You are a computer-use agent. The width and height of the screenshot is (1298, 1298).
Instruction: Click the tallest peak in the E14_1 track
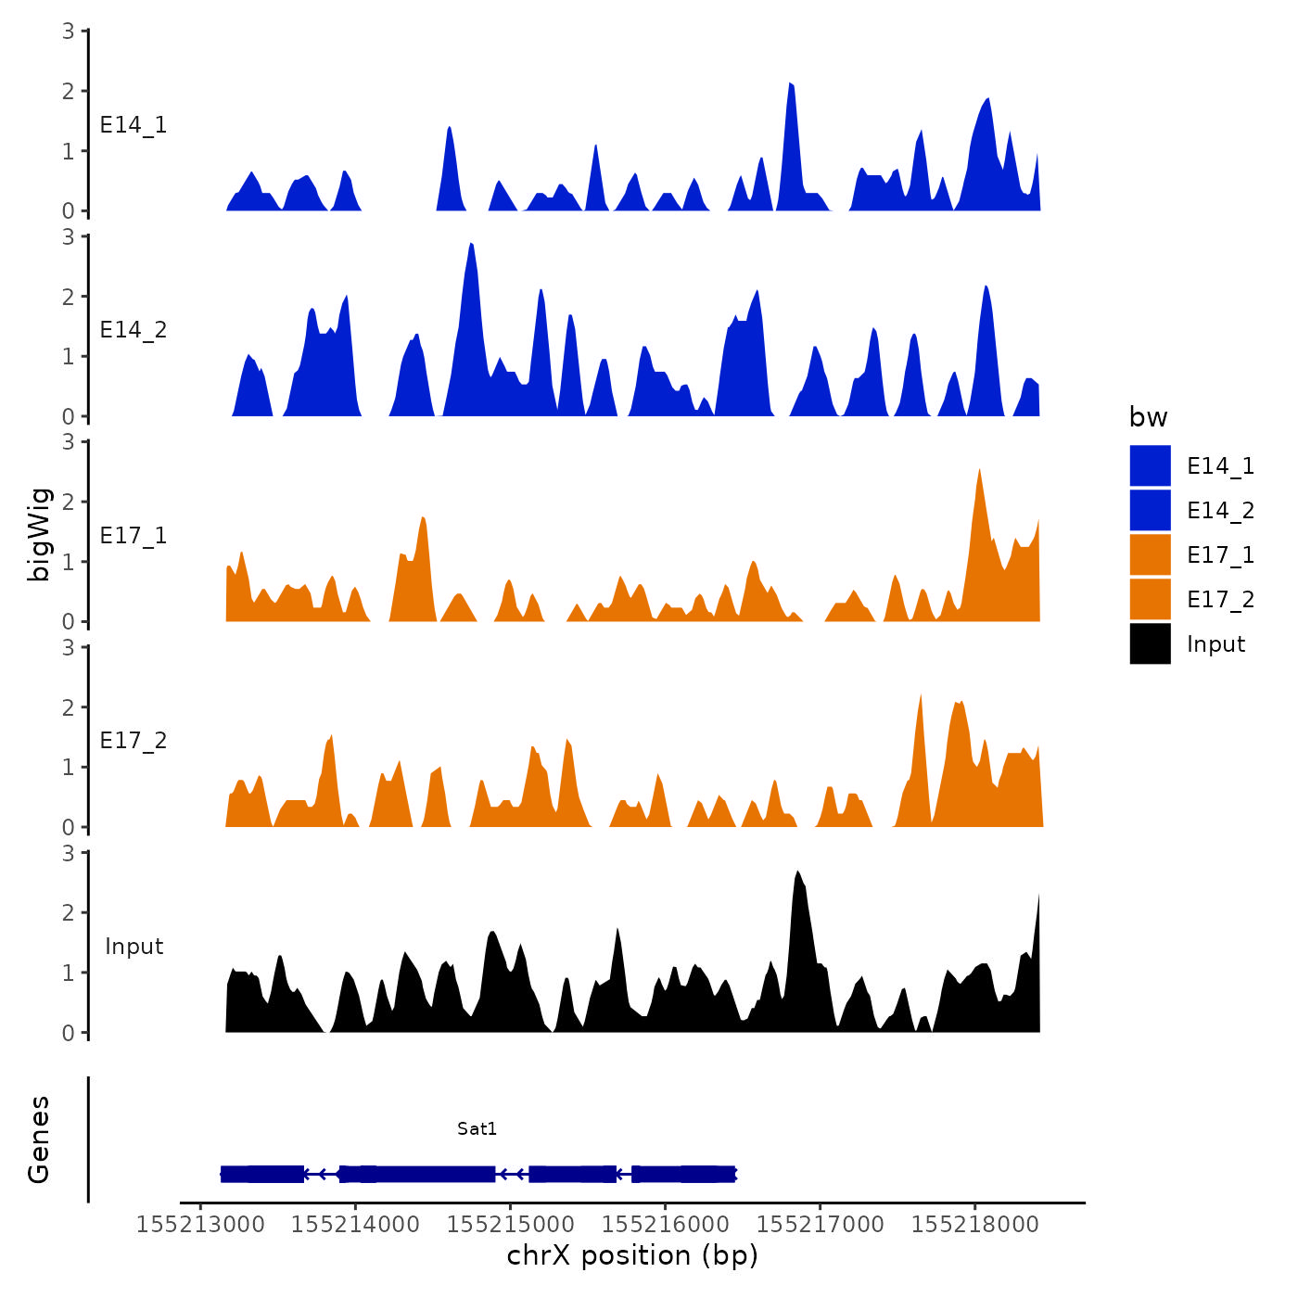click(x=790, y=85)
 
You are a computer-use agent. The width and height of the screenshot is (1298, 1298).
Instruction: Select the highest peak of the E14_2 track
click(x=472, y=246)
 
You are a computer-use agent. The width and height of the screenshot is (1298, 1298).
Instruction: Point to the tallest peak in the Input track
click(x=797, y=873)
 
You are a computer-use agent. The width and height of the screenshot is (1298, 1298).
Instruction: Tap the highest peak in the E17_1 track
click(x=979, y=472)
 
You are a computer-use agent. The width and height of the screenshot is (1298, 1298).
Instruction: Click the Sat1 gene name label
click(x=477, y=1128)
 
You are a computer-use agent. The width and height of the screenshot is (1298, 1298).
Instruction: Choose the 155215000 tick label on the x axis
click(x=510, y=1225)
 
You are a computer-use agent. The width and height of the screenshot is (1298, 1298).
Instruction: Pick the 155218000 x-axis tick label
click(x=975, y=1225)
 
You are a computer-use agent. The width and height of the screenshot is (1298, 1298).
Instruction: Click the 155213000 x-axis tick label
click(x=200, y=1225)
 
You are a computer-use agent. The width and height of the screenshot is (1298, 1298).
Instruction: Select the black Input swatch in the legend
click(x=1150, y=644)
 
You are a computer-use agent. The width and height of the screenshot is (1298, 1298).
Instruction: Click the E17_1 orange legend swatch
click(x=1150, y=555)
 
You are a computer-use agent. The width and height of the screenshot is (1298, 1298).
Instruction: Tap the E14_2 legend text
click(x=1220, y=511)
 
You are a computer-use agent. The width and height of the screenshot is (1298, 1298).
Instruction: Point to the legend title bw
click(x=1148, y=417)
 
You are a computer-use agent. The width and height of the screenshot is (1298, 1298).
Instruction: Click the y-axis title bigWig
click(x=39, y=534)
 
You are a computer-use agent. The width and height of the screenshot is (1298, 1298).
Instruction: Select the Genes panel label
click(x=39, y=1139)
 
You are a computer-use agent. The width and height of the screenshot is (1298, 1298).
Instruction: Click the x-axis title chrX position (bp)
click(x=632, y=1256)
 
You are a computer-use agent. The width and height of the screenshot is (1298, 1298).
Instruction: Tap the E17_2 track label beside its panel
click(x=134, y=741)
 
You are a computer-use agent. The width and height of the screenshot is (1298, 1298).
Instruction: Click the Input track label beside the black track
click(x=134, y=947)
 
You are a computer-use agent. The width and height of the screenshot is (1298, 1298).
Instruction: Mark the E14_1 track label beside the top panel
click(x=134, y=125)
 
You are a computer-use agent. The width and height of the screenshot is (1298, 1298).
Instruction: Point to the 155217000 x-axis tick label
click(x=821, y=1225)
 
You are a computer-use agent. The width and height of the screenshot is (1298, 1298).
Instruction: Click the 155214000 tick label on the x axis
click(x=355, y=1225)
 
